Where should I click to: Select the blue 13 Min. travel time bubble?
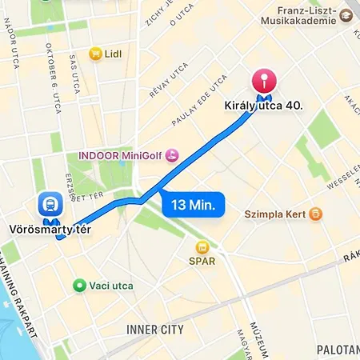(194, 205)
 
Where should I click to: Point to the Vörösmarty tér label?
(49, 229)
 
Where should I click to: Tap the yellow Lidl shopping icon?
(96, 54)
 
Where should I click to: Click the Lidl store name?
(114, 54)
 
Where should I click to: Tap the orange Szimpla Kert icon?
(317, 214)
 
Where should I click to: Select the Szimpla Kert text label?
(278, 214)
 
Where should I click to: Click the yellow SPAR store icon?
(203, 247)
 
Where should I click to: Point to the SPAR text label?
(202, 261)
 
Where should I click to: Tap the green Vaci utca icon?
(79, 286)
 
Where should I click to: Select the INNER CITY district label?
(154, 330)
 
